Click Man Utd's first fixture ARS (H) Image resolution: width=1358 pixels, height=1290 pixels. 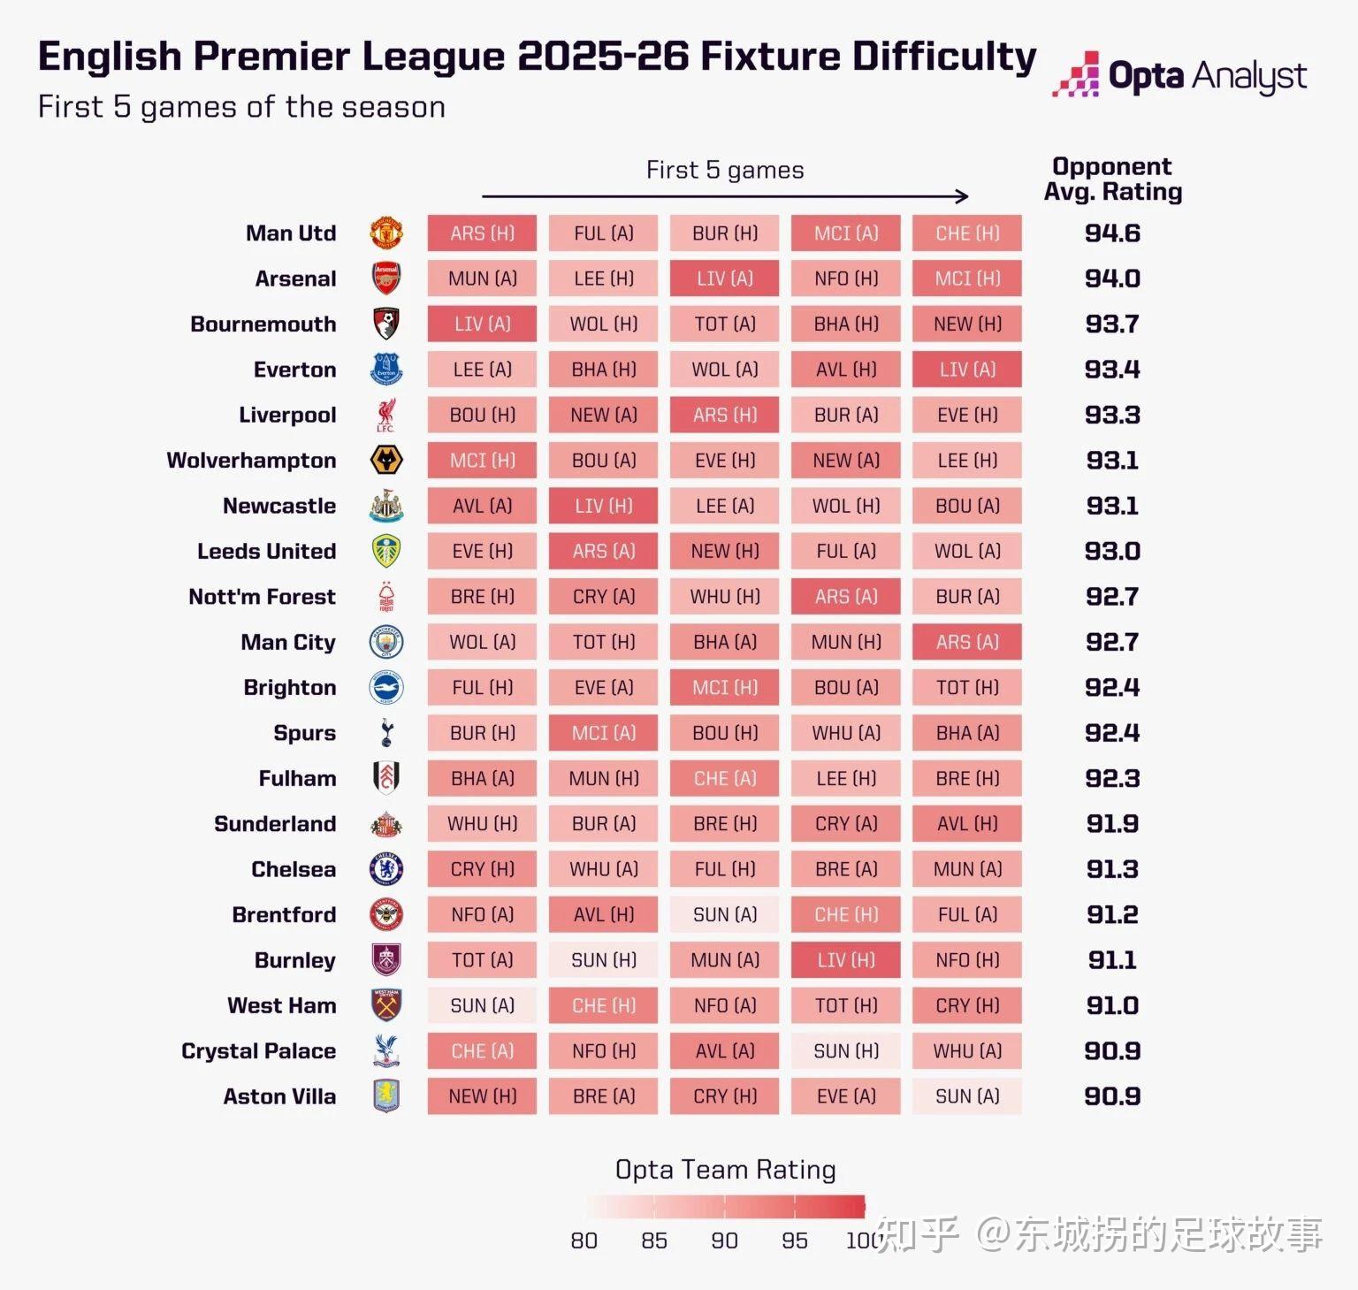pyautogui.click(x=482, y=233)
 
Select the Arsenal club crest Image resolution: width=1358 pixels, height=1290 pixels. pyautogui.click(x=386, y=279)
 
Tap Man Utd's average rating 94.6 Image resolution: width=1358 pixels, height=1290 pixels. pyautogui.click(x=1112, y=233)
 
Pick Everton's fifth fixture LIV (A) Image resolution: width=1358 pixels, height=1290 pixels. pyautogui.click(x=967, y=370)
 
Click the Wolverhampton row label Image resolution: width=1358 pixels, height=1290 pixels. pyautogui.click(x=251, y=461)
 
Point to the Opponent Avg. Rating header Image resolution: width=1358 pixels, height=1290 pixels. pyautogui.click(x=1112, y=179)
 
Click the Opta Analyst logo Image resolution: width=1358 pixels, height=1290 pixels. pyautogui.click(x=1179, y=76)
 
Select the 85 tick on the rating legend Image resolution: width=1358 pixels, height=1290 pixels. pyautogui.click(x=654, y=1240)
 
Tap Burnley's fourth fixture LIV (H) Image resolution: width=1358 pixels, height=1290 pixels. pyautogui.click(x=846, y=960)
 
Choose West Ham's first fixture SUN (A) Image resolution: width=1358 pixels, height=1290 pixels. pyautogui.click(x=482, y=1005)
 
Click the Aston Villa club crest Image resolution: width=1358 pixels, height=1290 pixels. pyautogui.click(x=386, y=1096)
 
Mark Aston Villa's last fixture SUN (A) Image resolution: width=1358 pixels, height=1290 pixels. pyautogui.click(x=967, y=1096)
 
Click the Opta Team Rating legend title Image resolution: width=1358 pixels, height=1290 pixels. pyautogui.click(x=725, y=1170)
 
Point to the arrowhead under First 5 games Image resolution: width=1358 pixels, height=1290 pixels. pyautogui.click(x=963, y=196)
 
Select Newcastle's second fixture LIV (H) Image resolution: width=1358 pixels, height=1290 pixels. pyautogui.click(x=603, y=506)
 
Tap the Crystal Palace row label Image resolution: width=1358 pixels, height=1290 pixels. pyautogui.click(x=258, y=1051)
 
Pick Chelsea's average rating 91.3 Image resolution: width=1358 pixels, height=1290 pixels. pyautogui.click(x=1112, y=869)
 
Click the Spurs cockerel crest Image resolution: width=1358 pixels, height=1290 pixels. pyautogui.click(x=386, y=733)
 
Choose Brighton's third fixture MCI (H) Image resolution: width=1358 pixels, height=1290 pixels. pyautogui.click(x=725, y=688)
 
